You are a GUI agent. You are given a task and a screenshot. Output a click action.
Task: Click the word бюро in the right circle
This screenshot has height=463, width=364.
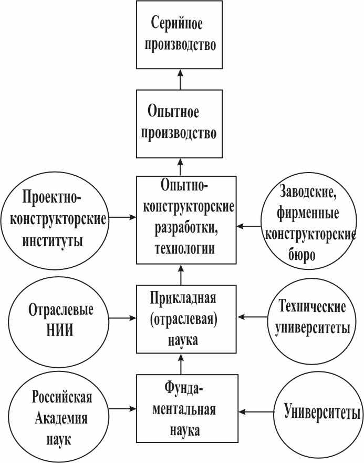(x=301, y=256)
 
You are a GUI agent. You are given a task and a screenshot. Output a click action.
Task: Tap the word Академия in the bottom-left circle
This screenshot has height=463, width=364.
(x=61, y=419)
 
